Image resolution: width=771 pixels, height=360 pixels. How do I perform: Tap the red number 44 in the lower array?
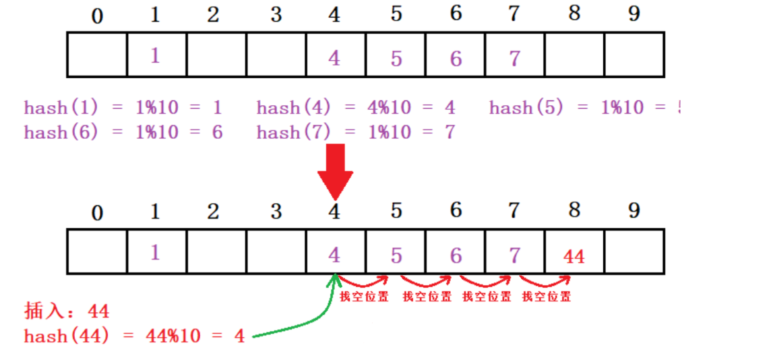(x=574, y=256)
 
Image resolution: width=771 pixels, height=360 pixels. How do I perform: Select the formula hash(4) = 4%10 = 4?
(x=355, y=108)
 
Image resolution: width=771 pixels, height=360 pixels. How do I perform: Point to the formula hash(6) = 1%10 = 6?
(x=123, y=133)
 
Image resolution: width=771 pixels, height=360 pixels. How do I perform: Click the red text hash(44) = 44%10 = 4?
(x=135, y=336)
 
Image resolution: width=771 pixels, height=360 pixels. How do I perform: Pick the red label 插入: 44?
(x=67, y=311)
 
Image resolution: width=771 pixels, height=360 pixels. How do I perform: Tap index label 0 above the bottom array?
(x=97, y=212)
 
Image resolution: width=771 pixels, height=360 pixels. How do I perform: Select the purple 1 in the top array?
(x=155, y=56)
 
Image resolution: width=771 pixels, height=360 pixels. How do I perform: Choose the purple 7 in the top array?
(x=514, y=59)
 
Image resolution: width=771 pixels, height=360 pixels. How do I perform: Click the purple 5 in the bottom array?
(x=396, y=255)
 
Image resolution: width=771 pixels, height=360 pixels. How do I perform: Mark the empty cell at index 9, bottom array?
(x=634, y=252)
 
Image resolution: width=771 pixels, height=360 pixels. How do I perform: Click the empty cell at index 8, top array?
(x=574, y=55)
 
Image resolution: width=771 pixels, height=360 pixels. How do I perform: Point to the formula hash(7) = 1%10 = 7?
(x=355, y=133)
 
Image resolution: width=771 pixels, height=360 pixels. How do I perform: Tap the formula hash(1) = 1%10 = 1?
(x=123, y=108)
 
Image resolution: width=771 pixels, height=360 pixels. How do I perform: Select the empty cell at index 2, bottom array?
(x=216, y=252)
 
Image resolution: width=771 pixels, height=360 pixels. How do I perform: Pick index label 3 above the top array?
(x=275, y=15)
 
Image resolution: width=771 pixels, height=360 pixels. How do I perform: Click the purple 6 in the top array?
(x=456, y=59)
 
